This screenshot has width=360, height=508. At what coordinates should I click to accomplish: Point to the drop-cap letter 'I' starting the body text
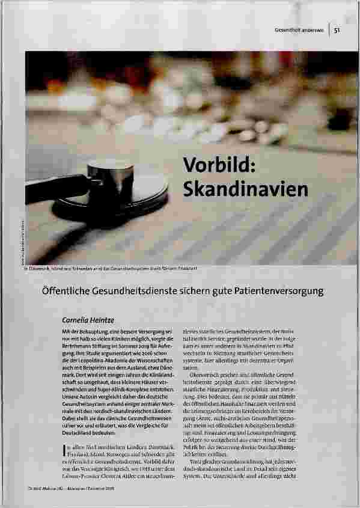click(64, 448)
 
